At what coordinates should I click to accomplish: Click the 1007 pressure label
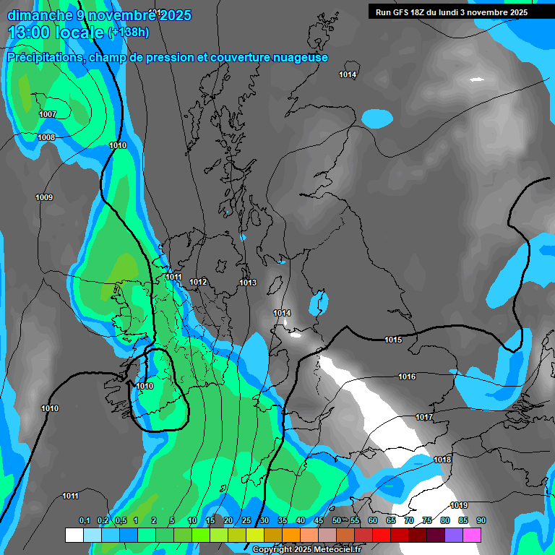[x=48, y=114]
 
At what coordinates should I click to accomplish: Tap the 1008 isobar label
[x=46, y=137]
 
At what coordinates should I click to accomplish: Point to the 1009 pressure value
[x=44, y=197]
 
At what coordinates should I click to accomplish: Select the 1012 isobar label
[x=199, y=282]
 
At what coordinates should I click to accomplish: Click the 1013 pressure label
[x=248, y=283]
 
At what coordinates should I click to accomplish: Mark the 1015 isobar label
[x=393, y=340]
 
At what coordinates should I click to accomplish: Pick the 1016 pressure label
[x=407, y=377]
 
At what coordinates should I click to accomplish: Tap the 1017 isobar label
[x=424, y=417]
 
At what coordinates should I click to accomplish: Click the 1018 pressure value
[x=442, y=460]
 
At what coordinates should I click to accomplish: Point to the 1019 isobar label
[x=459, y=505]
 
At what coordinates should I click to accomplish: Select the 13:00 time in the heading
[x=32, y=32]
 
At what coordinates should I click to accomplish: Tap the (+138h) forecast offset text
[x=128, y=32]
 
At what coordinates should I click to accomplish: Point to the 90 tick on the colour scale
[x=481, y=520]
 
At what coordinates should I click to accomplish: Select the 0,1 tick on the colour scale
[x=84, y=520]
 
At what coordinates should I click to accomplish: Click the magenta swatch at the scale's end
[x=472, y=535]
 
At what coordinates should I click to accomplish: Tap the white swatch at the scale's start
[x=74, y=535]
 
